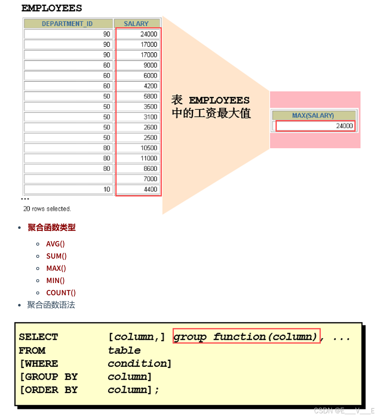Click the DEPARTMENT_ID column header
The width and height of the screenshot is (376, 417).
(x=68, y=24)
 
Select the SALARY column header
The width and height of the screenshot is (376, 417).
(x=136, y=24)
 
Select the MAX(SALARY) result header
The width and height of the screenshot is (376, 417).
(x=313, y=116)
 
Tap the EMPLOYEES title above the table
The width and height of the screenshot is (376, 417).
(x=52, y=8)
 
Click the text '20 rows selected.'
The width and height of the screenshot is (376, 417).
(x=47, y=208)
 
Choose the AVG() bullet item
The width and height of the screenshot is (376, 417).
(x=55, y=244)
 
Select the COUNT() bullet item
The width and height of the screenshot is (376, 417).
(x=61, y=293)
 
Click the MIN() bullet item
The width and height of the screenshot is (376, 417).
(x=55, y=281)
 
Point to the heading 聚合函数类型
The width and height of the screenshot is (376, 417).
(x=52, y=228)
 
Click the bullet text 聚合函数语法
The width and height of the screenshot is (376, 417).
(x=51, y=305)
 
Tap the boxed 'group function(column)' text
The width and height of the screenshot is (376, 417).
(x=246, y=337)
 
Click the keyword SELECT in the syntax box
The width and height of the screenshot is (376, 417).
(x=38, y=337)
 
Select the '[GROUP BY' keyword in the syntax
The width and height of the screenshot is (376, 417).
(x=48, y=377)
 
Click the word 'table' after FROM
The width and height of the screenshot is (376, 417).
(x=124, y=350)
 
